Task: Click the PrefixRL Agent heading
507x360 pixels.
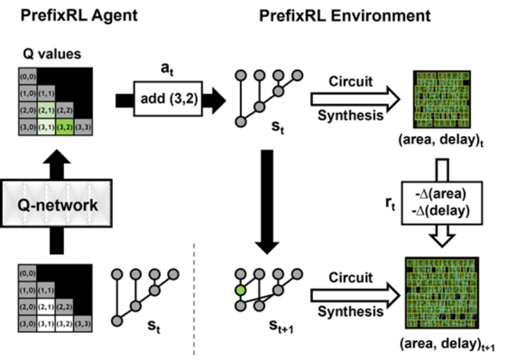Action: pos(79,15)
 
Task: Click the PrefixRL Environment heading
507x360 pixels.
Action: pos(345,15)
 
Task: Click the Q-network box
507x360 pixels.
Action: pos(56,203)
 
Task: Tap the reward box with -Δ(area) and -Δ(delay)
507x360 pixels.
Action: pos(442,203)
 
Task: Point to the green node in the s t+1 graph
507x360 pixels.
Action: pos(240,290)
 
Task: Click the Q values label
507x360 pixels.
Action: pos(52,54)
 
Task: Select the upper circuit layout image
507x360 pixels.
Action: pos(442,99)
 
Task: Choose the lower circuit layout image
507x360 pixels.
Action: pos(442,293)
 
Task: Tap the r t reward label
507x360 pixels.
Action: pos(390,203)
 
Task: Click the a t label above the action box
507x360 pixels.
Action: pos(167,69)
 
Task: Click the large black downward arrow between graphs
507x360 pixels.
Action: pos(267,202)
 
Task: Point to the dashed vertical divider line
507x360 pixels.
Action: pos(194,299)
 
